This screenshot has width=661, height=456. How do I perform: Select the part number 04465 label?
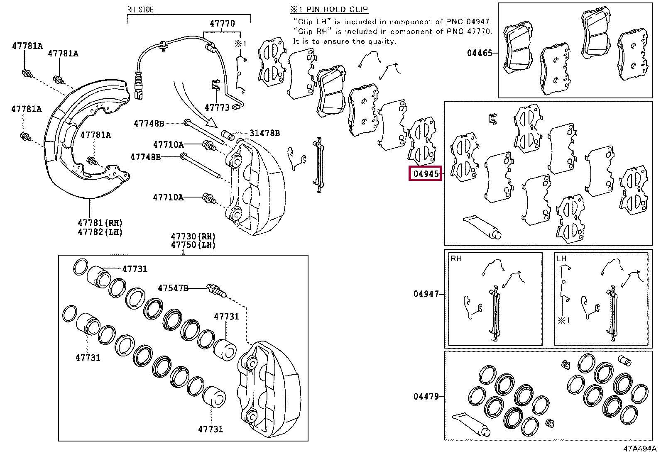[479, 53]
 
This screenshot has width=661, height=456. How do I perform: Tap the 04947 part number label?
[426, 294]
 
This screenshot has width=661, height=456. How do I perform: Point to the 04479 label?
[426, 396]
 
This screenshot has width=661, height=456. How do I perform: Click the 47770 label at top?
[222, 24]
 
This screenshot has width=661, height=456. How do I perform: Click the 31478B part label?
[264, 133]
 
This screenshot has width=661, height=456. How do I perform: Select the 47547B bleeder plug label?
[173, 288]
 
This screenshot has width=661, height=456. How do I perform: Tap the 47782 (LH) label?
[100, 232]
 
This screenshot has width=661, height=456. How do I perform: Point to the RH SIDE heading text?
[140, 9]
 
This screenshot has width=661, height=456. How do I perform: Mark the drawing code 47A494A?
[639, 449]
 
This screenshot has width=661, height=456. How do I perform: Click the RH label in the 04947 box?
[456, 258]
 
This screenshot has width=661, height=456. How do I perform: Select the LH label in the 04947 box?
[561, 258]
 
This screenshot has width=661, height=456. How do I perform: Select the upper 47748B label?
[149, 123]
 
